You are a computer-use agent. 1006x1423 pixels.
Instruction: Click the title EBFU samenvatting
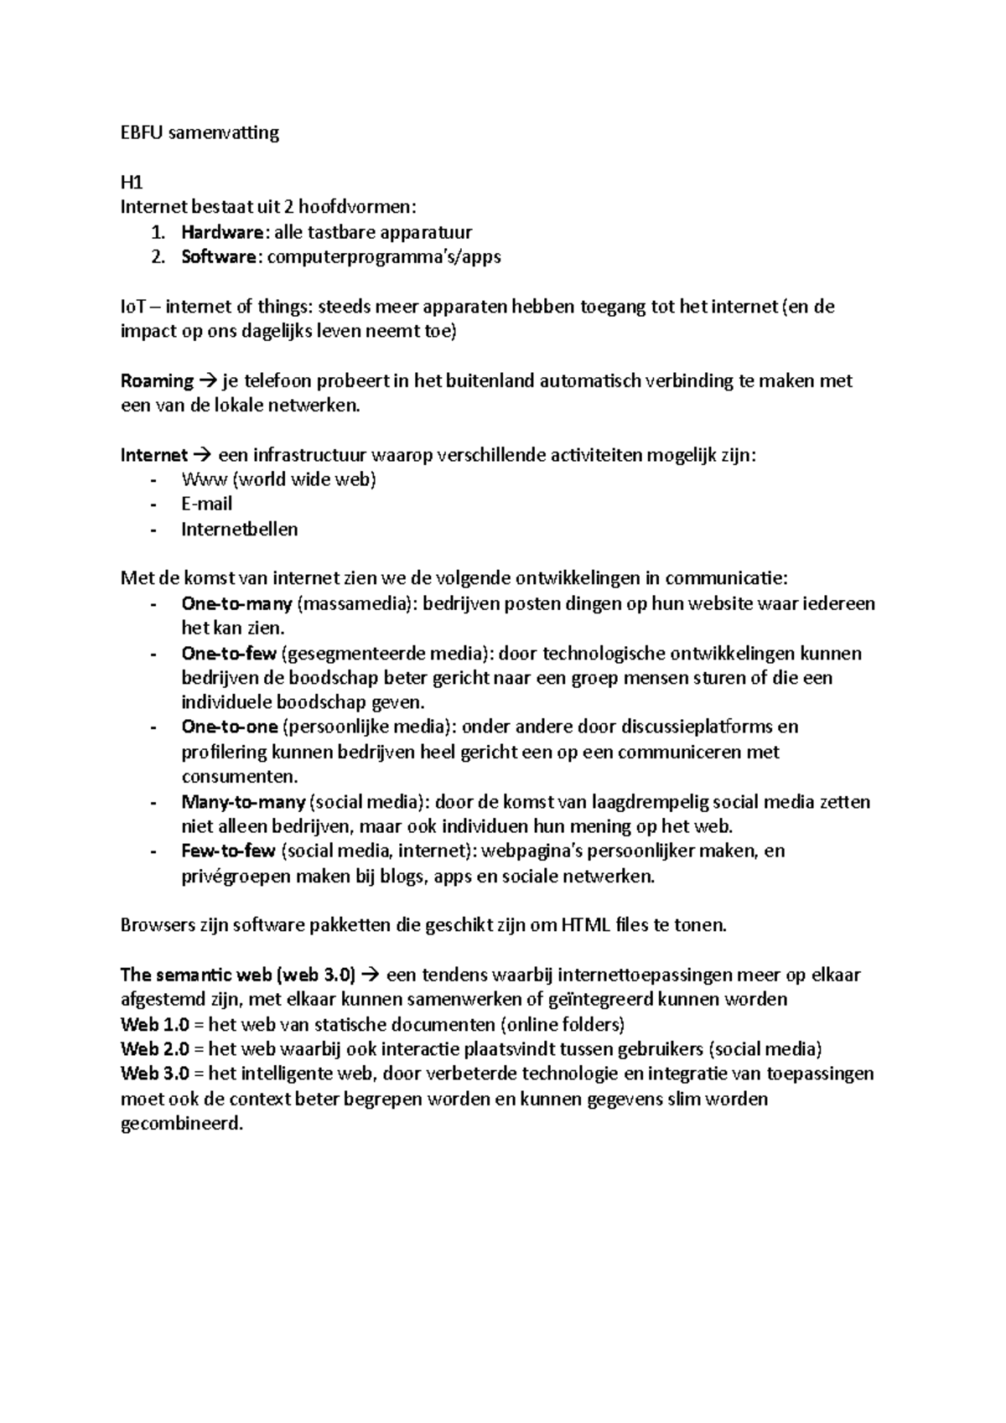coord(200,133)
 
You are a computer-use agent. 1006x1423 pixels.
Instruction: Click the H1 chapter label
coord(132,183)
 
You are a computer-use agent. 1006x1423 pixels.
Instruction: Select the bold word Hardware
coord(222,232)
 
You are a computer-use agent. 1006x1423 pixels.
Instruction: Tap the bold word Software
coord(219,257)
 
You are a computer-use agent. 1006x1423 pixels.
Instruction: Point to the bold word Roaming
coord(158,381)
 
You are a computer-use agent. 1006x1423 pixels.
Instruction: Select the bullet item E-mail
coord(206,505)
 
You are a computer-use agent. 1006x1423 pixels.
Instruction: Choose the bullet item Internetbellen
coord(239,530)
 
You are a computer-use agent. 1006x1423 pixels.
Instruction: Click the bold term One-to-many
coord(236,603)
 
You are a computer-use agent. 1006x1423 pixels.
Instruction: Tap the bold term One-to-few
coord(228,653)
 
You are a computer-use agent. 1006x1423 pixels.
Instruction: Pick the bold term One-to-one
coord(229,727)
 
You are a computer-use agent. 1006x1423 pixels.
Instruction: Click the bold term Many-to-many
coord(243,802)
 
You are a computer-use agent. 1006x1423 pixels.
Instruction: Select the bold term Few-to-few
coord(228,851)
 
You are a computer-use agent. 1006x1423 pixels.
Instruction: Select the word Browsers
coord(157,926)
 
